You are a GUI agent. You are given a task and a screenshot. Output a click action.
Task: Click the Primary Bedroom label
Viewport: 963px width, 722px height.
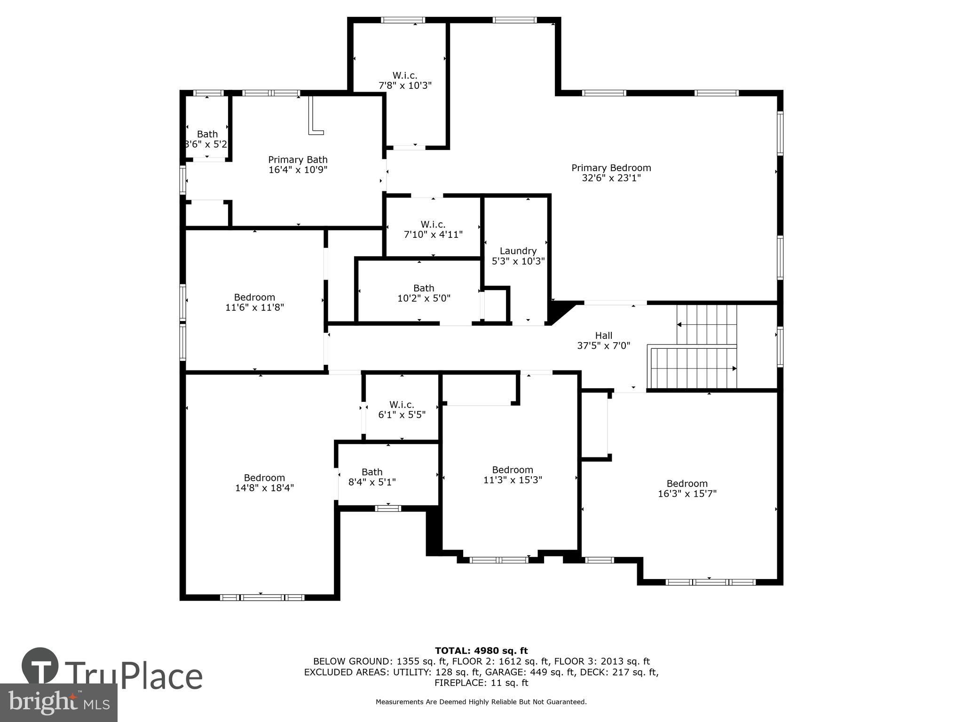(x=611, y=168)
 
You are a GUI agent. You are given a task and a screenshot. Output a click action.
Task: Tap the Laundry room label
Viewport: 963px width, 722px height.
(x=518, y=251)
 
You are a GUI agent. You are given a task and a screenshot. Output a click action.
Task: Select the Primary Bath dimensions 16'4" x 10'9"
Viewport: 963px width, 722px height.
(x=298, y=170)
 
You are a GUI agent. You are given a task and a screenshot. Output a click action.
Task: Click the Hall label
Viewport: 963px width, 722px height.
(x=603, y=336)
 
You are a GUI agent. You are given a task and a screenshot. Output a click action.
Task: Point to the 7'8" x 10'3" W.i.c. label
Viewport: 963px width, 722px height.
(x=405, y=80)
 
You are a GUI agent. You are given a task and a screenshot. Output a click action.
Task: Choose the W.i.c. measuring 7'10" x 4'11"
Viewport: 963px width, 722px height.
(x=433, y=229)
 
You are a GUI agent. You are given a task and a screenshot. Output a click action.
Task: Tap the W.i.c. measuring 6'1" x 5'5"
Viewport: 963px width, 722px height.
(x=402, y=409)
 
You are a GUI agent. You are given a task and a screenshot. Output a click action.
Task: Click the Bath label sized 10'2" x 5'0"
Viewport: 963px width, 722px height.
(x=424, y=293)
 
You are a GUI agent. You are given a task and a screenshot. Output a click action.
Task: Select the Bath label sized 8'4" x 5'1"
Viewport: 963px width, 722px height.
(x=372, y=477)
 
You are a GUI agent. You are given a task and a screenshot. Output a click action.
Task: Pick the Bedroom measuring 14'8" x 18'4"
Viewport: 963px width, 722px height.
(x=264, y=483)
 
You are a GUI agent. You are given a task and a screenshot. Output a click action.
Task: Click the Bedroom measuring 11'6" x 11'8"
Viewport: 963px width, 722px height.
(x=254, y=302)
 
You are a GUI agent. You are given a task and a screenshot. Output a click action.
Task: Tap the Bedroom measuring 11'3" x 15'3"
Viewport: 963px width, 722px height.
(x=513, y=475)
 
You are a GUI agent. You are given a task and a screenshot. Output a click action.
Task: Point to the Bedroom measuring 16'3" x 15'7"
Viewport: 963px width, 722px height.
(x=687, y=488)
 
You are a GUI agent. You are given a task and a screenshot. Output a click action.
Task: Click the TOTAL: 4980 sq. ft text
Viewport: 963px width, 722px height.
(x=481, y=651)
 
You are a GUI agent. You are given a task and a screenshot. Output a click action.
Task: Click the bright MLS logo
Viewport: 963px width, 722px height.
(x=59, y=702)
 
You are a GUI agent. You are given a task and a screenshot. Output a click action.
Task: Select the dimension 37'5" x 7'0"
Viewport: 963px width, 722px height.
(x=603, y=346)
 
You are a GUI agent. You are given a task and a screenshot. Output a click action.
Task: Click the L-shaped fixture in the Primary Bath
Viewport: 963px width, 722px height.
(x=315, y=118)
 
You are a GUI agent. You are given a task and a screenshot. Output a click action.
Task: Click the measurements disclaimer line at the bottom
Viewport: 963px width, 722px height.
(x=481, y=702)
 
